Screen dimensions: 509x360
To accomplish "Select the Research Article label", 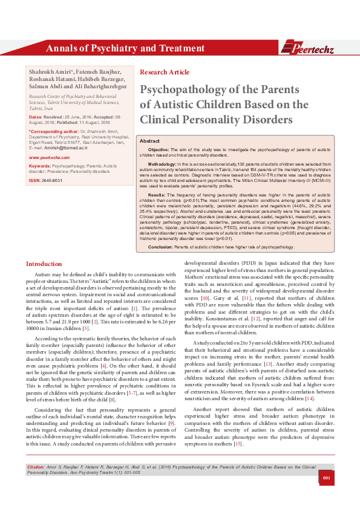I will tap(165, 72).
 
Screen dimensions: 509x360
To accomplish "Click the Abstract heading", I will tap(149, 140).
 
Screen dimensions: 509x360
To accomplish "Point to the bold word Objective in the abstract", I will tap(159, 149).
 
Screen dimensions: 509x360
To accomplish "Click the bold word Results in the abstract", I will tap(156, 195).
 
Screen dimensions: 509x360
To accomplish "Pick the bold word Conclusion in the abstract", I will tap(160, 247).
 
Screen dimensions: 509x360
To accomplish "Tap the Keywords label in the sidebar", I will tap(39, 165).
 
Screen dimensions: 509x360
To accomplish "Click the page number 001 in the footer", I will tap(326, 495).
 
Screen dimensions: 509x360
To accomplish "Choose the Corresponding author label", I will tap(54, 131).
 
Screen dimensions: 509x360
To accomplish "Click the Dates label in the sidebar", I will tap(36, 116).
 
